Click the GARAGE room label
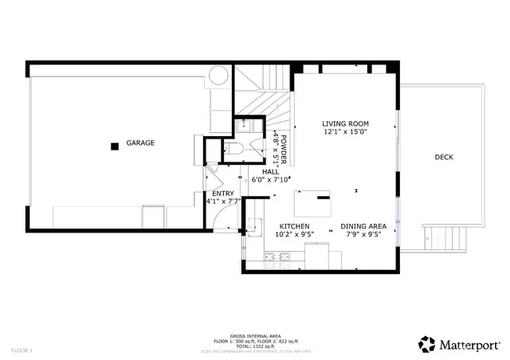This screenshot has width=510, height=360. click(139, 143)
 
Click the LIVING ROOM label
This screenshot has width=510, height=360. click(344, 123)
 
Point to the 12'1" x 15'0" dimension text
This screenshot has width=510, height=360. click(344, 133)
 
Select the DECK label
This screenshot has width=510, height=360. click(444, 157)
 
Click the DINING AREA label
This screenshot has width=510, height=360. click(364, 226)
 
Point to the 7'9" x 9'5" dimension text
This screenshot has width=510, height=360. click(364, 235)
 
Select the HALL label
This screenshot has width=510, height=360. click(271, 171)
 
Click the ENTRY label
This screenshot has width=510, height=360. click(222, 194)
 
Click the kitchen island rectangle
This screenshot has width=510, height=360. click(312, 205)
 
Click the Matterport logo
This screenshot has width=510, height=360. click(458, 344)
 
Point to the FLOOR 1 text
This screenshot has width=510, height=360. click(22, 350)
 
